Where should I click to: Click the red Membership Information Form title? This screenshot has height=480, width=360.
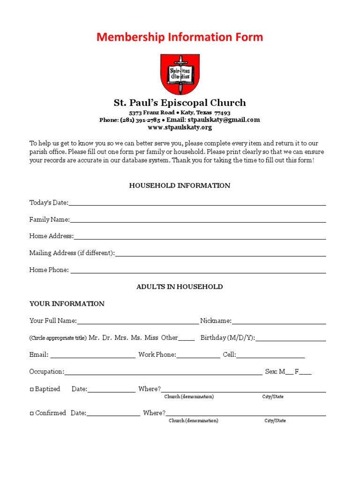180,37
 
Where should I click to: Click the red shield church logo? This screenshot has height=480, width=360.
180,74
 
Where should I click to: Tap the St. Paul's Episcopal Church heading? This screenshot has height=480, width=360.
180,103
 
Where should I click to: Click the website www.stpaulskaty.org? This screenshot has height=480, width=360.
180,127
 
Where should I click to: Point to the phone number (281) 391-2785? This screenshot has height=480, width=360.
140,120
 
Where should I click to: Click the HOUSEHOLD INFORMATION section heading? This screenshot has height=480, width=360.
180,186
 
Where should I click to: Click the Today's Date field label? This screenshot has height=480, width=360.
49,202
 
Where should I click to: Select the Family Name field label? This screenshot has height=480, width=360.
49,219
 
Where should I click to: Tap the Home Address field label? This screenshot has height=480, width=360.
51,236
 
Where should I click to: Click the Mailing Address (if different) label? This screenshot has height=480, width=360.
72,253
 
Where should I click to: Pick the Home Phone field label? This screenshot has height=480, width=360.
49,270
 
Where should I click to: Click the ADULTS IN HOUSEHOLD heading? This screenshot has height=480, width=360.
180,287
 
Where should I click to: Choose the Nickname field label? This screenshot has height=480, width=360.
216,321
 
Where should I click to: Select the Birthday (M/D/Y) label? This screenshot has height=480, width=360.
227,338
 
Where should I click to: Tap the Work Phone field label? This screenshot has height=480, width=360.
157,355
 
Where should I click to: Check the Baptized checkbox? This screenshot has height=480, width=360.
32,389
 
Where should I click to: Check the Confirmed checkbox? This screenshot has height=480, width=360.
32,413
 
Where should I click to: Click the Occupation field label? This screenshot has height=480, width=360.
46,372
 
